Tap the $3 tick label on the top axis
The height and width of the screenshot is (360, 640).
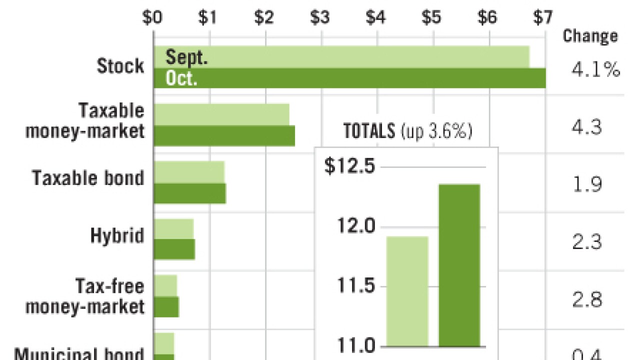(x=320, y=17)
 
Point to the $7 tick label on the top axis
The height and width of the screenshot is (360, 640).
(x=542, y=17)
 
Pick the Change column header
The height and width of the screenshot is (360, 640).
(x=590, y=36)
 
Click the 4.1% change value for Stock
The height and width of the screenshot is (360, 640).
(x=595, y=70)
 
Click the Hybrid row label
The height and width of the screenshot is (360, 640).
(x=117, y=235)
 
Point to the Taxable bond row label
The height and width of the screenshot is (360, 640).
(x=88, y=178)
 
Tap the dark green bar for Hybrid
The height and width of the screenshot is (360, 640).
(x=174, y=249)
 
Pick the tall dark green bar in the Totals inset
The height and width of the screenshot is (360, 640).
(x=459, y=265)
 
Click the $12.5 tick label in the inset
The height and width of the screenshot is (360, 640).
(x=349, y=166)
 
